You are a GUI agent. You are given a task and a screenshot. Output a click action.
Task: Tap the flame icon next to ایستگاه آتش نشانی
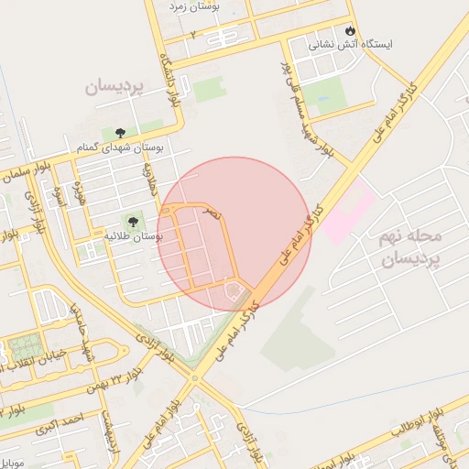click(352, 27)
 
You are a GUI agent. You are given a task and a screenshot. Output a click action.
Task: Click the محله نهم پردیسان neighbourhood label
click(409, 247)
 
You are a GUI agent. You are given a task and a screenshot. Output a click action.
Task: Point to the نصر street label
click(212, 213)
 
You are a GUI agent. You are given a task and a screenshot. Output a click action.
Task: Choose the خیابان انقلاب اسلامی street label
click(42, 359)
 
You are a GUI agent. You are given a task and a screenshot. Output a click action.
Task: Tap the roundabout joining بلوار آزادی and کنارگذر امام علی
click(194, 376)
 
